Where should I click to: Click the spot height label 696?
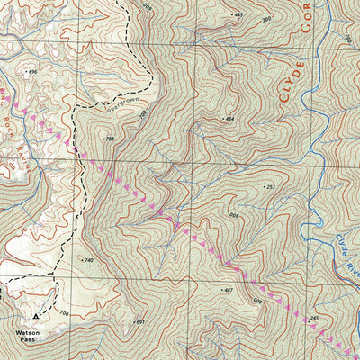coord(34,71)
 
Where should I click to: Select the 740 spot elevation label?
coord(87,259)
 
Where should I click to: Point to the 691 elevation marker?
coord(139,321)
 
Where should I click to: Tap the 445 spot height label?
coord(238,15)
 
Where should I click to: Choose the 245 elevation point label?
coord(313,319)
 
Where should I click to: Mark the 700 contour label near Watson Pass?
coord(63,313)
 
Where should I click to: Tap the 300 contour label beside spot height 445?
coord(265,19)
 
